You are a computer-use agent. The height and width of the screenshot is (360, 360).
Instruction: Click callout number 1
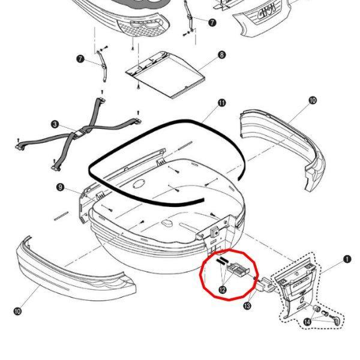pyautogui.click(x=347, y=259)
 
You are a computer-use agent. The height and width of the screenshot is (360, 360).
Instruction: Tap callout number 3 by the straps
pyautogui.click(x=55, y=125)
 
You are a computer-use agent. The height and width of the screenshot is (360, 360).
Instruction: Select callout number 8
pyautogui.click(x=221, y=55)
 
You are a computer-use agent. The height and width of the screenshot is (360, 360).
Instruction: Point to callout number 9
pyautogui.click(x=60, y=187)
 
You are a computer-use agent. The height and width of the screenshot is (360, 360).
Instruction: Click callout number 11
pyautogui.click(x=222, y=103)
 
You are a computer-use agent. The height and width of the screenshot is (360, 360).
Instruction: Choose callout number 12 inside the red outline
pyautogui.click(x=222, y=290)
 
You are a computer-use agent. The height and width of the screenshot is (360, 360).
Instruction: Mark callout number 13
pyautogui.click(x=247, y=306)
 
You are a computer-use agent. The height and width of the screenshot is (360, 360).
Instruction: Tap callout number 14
pyautogui.click(x=307, y=322)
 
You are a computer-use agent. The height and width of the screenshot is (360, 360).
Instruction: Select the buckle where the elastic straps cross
pyautogui.click(x=80, y=133)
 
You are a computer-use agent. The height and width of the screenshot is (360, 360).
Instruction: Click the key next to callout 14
pyautogui.click(x=335, y=319)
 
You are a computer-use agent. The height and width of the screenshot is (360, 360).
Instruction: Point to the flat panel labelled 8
pyautogui.click(x=166, y=74)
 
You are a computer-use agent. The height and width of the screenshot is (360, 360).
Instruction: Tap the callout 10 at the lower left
pyautogui.click(x=17, y=311)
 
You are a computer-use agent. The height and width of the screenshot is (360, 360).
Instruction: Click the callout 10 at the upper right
pyautogui.click(x=313, y=100)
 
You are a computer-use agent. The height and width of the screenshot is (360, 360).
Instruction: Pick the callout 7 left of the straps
pyautogui.click(x=80, y=59)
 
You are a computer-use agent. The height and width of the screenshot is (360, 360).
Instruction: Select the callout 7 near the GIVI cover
pyautogui.click(x=212, y=22)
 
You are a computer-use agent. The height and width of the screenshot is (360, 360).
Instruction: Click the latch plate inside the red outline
pyautogui.click(x=238, y=269)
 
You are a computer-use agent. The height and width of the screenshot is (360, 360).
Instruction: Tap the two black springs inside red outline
pyautogui.click(x=221, y=261)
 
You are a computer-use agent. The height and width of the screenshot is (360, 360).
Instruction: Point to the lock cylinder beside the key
pyautogui.click(x=317, y=308)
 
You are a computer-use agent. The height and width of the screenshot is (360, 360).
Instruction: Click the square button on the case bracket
pyautogui.click(x=215, y=232)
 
